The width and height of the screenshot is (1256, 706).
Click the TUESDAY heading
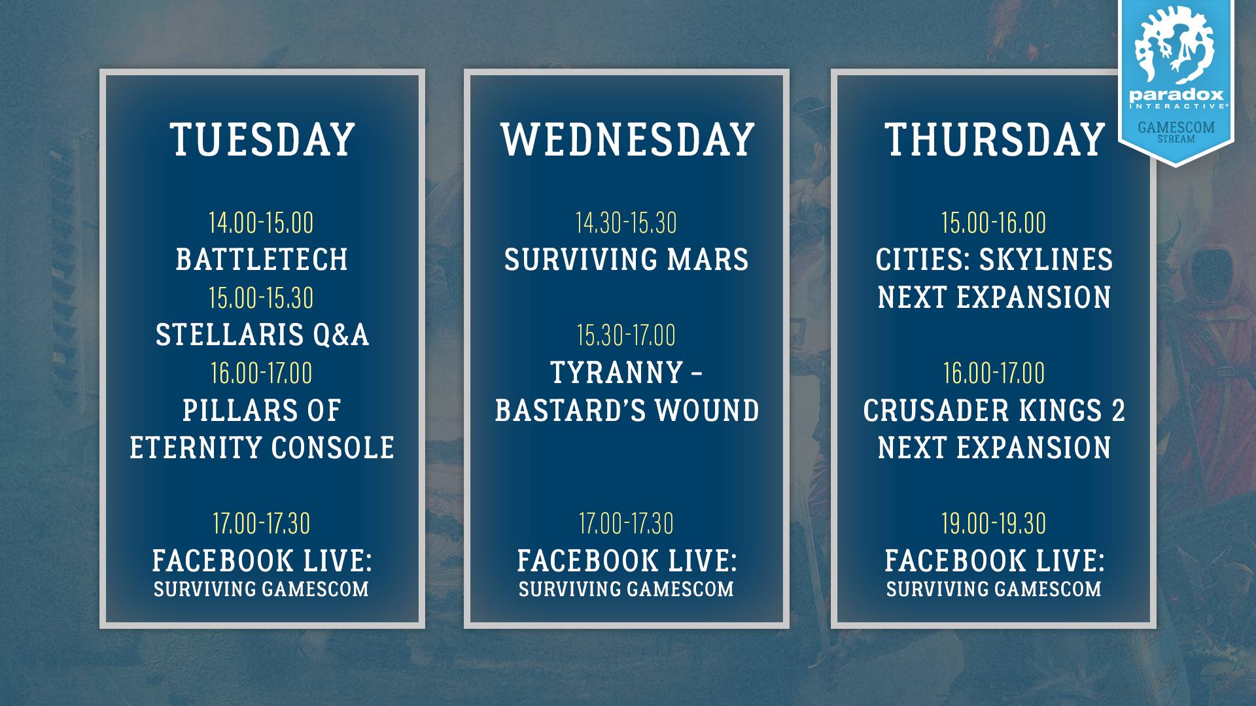click(x=262, y=139)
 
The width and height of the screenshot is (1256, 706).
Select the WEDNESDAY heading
click(x=627, y=139)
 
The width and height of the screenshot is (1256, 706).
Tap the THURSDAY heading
click(x=994, y=139)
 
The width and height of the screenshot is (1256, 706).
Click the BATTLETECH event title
click(x=262, y=260)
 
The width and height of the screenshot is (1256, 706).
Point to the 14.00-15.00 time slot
click(x=262, y=223)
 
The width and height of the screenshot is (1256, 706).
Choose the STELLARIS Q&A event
click(x=262, y=335)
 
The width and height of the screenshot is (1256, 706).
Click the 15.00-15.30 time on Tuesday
click(x=262, y=298)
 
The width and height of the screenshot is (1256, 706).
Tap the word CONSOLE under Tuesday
click(x=333, y=448)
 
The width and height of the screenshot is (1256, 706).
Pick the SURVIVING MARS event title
click(x=627, y=260)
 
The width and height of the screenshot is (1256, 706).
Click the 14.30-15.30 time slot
click(x=627, y=223)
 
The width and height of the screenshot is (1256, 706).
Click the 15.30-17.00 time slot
click(x=626, y=335)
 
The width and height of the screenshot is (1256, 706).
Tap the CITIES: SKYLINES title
click(x=994, y=260)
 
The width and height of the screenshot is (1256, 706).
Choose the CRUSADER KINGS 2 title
click(x=994, y=411)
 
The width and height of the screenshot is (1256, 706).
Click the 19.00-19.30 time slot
click(x=994, y=524)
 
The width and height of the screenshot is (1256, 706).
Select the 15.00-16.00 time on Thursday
click(x=994, y=223)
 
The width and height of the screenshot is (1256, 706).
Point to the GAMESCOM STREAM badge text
click(x=1176, y=131)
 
